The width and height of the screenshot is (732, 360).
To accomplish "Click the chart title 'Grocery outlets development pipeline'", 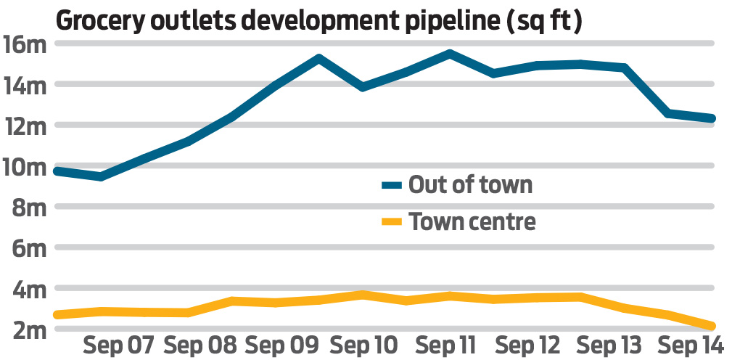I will tap(318, 20).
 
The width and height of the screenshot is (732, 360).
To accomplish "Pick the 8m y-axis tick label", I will tap(29, 208).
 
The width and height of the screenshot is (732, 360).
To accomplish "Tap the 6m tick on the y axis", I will tap(29, 248).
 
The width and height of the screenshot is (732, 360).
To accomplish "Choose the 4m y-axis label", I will tap(29, 289).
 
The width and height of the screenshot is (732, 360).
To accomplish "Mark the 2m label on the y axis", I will tap(29, 330).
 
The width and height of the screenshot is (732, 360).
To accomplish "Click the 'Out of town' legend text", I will tap(470, 184).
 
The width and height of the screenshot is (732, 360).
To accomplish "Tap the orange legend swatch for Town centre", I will tap(392, 221).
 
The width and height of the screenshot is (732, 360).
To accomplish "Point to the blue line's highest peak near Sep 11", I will tap(450, 54).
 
